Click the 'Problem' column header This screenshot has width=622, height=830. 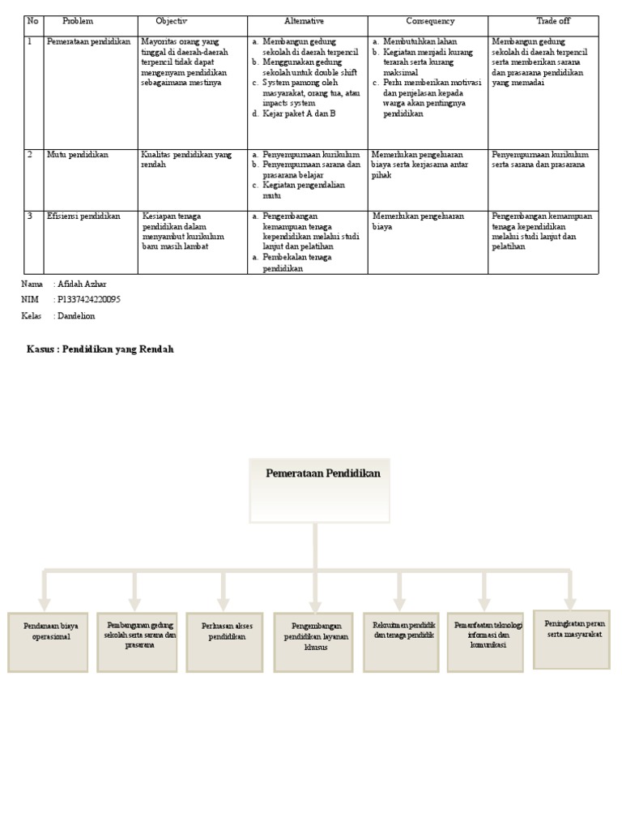[78, 21]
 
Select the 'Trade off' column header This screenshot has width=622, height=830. [553, 21]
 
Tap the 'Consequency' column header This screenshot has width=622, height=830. [430, 21]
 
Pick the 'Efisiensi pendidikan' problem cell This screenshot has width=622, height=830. [83, 216]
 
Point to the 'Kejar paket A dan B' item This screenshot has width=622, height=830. [299, 113]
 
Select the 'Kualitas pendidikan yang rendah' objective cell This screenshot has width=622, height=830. [186, 159]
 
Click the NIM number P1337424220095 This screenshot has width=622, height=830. [89, 300]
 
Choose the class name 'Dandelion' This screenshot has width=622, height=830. [76, 316]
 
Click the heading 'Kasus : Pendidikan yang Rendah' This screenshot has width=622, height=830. [100, 349]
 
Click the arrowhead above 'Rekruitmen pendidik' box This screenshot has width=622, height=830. [400, 603]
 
